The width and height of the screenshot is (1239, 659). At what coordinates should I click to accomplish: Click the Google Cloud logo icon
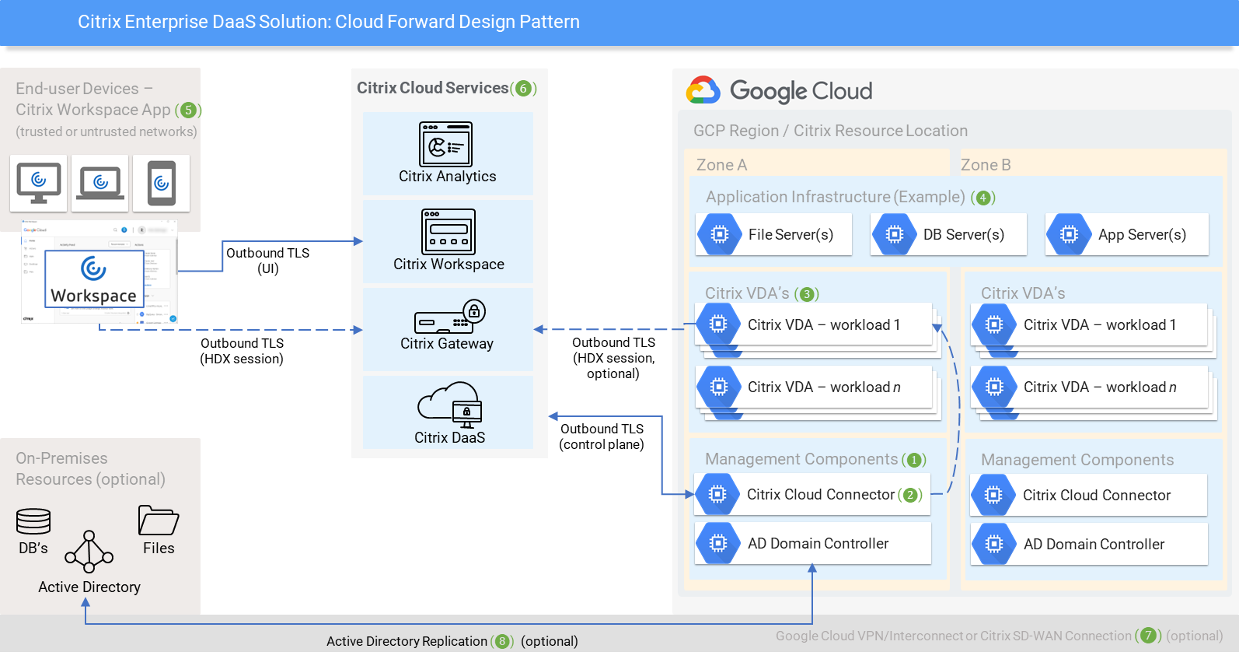click(x=703, y=90)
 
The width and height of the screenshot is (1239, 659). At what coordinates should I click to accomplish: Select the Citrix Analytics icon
click(x=446, y=145)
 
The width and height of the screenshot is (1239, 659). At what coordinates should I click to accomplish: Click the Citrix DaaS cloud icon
click(x=450, y=404)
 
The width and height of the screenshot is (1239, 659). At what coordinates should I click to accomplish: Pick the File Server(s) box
click(x=774, y=234)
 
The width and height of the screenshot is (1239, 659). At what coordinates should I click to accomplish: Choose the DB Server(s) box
click(x=948, y=234)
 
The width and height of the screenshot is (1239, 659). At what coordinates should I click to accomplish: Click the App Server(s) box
click(x=1126, y=234)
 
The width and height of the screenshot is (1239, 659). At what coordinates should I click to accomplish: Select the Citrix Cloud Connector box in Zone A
click(x=811, y=495)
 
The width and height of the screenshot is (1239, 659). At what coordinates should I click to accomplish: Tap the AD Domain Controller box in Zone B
click(x=1088, y=544)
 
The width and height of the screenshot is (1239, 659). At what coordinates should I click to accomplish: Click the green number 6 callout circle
click(x=523, y=89)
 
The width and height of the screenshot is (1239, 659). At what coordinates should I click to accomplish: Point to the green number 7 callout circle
click(x=1148, y=636)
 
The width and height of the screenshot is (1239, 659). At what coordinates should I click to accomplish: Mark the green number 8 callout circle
click(x=502, y=641)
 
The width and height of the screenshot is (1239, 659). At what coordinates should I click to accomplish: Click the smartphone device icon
click(x=162, y=183)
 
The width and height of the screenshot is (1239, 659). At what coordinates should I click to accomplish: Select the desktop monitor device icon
click(x=39, y=183)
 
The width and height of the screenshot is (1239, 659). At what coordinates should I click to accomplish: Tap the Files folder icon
click(x=158, y=520)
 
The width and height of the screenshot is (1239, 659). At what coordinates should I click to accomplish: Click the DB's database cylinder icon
click(x=33, y=521)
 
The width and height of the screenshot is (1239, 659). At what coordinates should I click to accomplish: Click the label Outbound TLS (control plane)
click(x=602, y=436)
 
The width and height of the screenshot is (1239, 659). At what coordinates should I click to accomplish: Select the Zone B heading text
click(x=986, y=165)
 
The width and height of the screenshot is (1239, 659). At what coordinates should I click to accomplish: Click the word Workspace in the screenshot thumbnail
click(x=93, y=296)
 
